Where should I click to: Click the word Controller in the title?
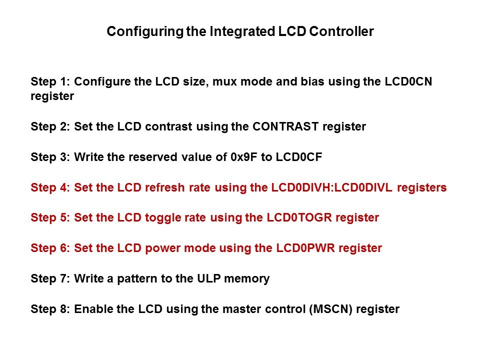tap(341, 31)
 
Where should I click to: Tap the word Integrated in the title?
tap(242, 31)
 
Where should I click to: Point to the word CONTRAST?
tap(285, 126)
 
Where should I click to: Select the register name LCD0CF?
tap(299, 156)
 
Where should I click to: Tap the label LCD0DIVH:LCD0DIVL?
tap(331, 187)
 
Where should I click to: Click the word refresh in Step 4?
tap(164, 187)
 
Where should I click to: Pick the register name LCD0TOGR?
tap(299, 217)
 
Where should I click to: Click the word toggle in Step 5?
tap(162, 218)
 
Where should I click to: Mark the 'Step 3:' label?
tap(50, 157)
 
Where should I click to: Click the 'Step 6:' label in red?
tap(50, 248)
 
